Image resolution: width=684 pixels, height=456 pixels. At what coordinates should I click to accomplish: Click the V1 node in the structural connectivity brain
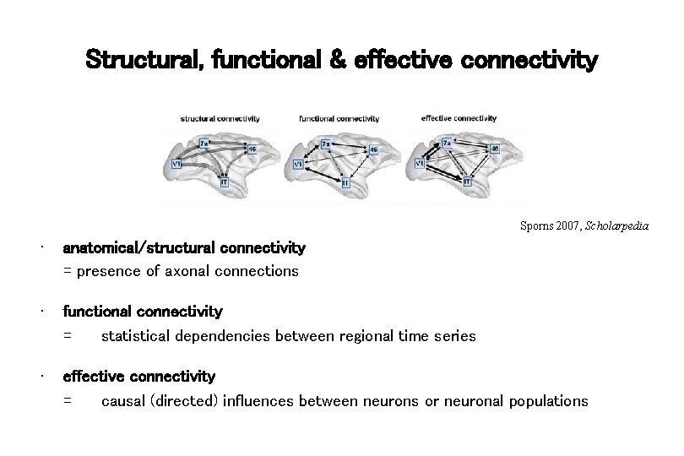[x=177, y=163]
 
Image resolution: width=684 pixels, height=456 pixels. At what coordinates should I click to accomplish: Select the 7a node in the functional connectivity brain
[x=326, y=144]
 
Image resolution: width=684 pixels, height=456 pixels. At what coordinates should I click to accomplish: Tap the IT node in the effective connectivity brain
[x=467, y=181]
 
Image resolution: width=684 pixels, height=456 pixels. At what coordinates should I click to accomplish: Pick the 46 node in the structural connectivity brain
[x=252, y=149]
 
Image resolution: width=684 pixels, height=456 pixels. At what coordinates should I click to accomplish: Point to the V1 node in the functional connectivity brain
[x=298, y=164]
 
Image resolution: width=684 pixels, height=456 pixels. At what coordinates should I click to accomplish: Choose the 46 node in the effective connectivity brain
[x=495, y=149]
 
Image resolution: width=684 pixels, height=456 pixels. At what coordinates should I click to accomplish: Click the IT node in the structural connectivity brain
[x=224, y=182]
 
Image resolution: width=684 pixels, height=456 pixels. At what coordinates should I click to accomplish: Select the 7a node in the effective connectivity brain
[x=447, y=144]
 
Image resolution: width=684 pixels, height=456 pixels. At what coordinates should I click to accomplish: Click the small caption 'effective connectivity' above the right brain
[x=459, y=118]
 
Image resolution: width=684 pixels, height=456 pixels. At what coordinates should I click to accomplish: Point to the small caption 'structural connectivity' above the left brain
[x=220, y=118]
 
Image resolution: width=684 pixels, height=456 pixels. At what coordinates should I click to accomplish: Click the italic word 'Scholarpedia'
[x=622, y=226]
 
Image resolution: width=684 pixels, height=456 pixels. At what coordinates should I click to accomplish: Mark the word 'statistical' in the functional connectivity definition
[x=136, y=336]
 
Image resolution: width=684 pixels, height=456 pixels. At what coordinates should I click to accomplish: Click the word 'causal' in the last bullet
[x=123, y=400]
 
